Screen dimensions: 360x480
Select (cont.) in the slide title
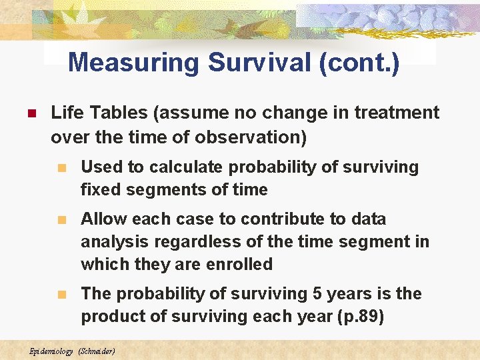360,63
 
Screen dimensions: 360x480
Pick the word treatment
397,113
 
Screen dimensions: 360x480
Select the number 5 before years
317,294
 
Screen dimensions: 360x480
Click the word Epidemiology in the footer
51,351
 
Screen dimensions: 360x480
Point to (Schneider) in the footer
97,351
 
